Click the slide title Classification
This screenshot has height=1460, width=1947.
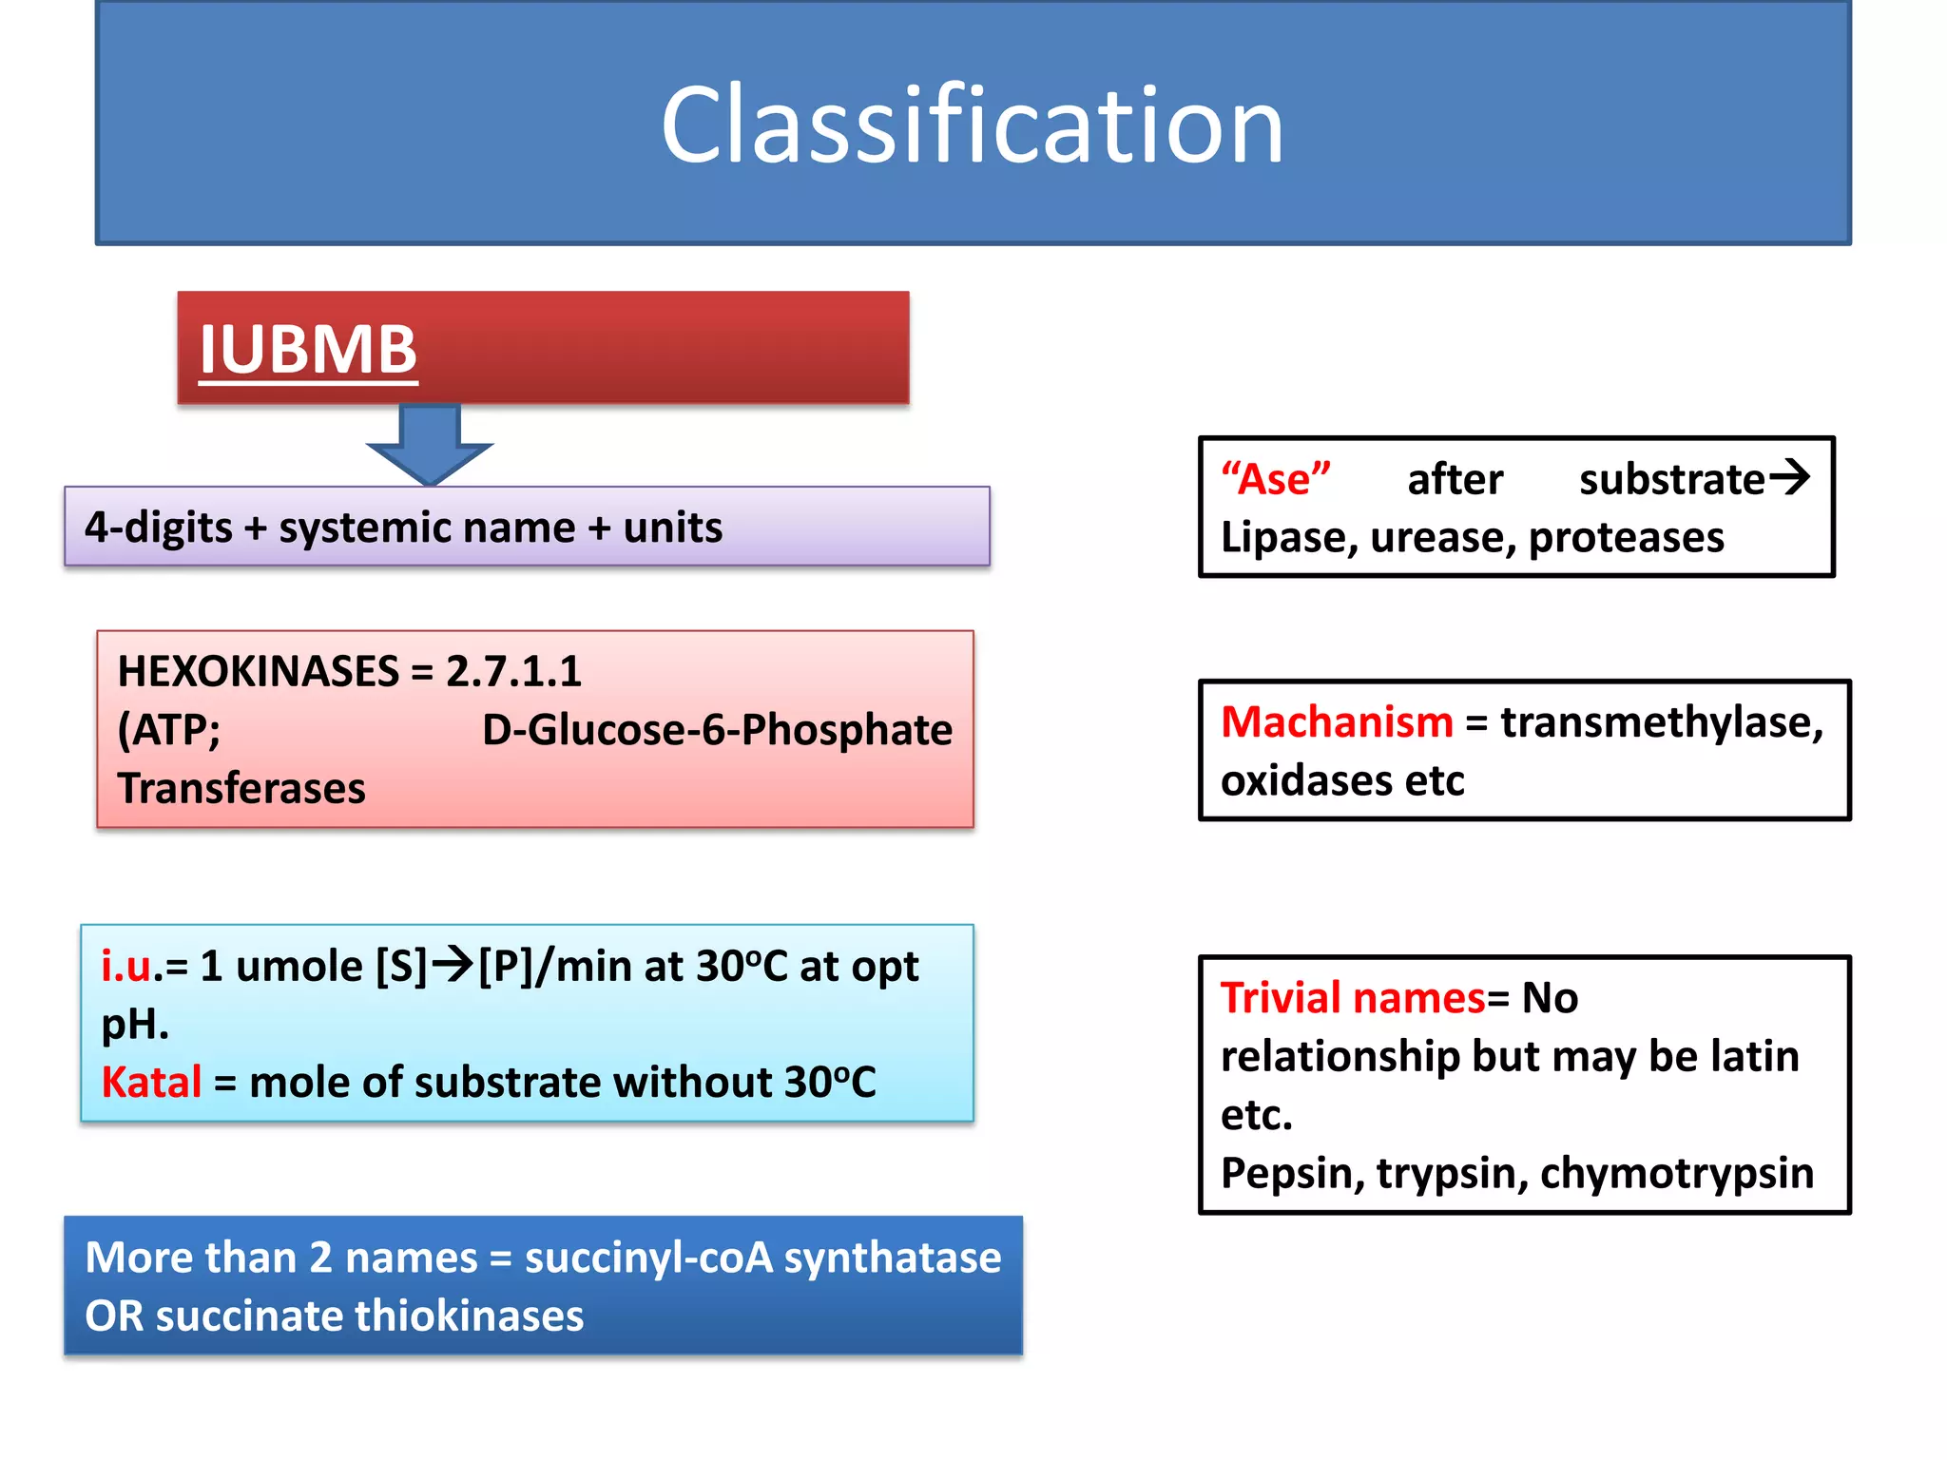(972, 125)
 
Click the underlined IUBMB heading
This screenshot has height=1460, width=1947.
(308, 350)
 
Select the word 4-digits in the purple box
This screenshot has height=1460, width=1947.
(158, 528)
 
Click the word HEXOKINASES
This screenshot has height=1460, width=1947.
(258, 672)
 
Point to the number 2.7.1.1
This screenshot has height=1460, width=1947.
(513, 672)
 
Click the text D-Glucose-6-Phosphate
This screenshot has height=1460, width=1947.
(717, 730)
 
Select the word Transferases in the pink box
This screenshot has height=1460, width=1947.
(241, 789)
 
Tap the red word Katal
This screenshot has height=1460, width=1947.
(151, 1083)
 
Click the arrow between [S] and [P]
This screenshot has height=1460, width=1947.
(453, 965)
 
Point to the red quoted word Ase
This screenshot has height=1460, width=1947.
(1275, 479)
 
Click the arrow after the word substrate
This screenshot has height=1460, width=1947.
(1789, 476)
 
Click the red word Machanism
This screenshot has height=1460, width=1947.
(1336, 722)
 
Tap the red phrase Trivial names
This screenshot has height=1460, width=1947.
(1352, 998)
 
